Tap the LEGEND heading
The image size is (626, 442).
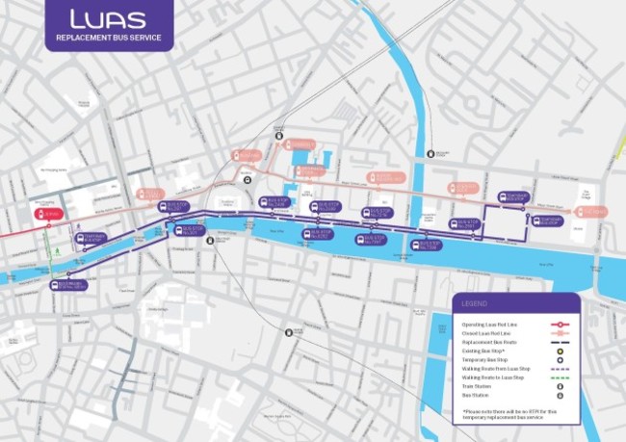(x=475, y=303)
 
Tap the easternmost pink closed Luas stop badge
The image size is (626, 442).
(x=591, y=211)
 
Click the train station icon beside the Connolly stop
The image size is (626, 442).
(x=278, y=137)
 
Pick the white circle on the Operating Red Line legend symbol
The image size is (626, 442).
(x=560, y=325)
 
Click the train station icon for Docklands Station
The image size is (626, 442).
(x=429, y=152)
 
